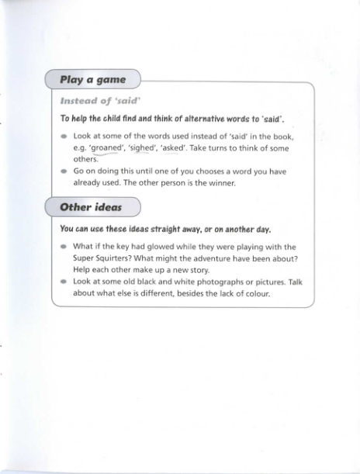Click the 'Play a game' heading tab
tap(93, 80)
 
